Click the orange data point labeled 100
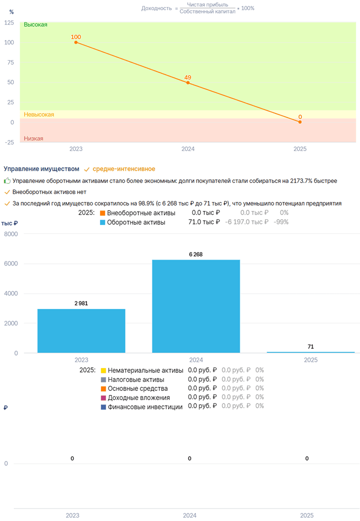76,42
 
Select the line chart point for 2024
188,83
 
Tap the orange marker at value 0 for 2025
300,122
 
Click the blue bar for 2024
196,306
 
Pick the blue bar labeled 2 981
81,331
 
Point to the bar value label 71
310,346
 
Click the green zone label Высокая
36,25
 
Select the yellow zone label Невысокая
39,115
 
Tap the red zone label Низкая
34,139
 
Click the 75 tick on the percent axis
10,62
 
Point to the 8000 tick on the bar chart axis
11,234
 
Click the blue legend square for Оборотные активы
102,223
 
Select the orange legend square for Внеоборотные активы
102,213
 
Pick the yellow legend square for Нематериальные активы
103,370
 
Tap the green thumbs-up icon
7,181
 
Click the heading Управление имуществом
42,169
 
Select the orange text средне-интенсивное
124,169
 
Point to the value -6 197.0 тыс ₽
247,222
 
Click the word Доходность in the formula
157,8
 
